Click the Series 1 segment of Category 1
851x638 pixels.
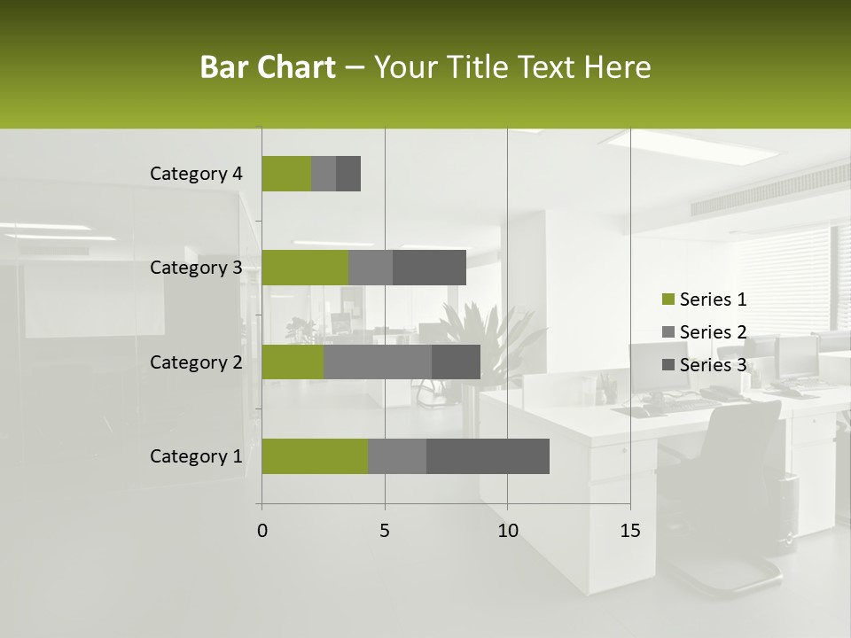point(315,456)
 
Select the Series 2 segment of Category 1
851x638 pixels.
point(397,456)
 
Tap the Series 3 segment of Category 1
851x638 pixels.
point(488,456)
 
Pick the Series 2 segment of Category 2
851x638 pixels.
point(378,362)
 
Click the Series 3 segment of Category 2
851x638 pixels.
point(456,362)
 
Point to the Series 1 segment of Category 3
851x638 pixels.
point(305,268)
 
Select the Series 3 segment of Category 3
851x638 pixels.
point(429,268)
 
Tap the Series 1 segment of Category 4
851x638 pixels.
point(286,174)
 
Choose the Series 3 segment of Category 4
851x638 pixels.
point(348,174)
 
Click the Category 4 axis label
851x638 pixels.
point(196,174)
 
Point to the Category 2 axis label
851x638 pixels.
point(196,362)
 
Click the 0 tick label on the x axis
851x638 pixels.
point(262,531)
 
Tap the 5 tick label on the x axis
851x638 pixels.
point(385,531)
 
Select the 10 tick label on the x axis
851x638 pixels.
point(507,531)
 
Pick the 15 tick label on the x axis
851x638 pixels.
point(630,531)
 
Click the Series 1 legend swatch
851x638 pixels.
point(668,300)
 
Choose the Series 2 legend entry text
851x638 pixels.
point(713,332)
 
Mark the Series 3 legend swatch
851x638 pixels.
point(668,365)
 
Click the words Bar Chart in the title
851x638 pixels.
point(268,67)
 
